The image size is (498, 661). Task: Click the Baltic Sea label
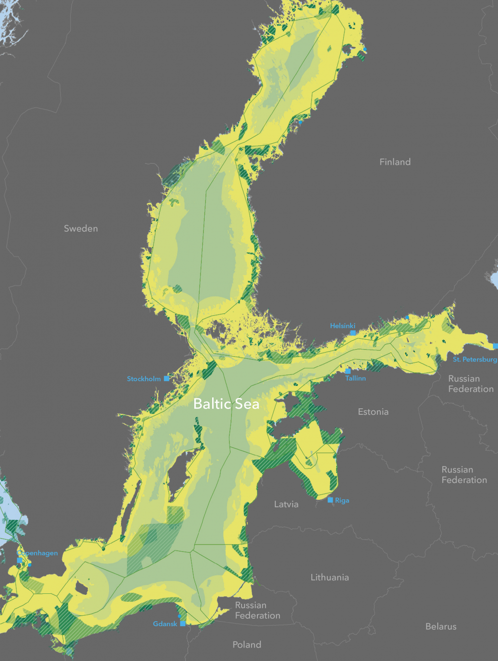point(226,403)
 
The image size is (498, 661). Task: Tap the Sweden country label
point(81,228)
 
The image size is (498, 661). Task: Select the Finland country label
point(395,162)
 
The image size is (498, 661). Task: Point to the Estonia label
point(373,412)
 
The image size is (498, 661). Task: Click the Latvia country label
point(286,504)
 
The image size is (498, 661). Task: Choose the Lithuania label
point(330,577)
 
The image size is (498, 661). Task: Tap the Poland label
point(247,645)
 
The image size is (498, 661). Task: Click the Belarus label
point(441,627)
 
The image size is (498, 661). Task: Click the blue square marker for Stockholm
point(166,378)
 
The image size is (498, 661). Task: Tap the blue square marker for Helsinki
point(353,333)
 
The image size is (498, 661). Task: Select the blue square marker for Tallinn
point(348,371)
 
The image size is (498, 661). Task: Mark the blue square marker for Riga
point(330,500)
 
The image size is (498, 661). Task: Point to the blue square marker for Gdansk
point(183,623)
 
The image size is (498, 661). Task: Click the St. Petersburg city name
point(475,359)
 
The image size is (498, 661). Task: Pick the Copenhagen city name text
point(38,553)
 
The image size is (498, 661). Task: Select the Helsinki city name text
point(343,326)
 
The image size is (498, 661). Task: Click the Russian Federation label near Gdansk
point(257,610)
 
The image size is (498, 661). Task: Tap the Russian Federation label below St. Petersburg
point(471,383)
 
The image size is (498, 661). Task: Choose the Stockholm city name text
point(143,379)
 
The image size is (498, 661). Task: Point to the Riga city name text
point(342,500)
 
